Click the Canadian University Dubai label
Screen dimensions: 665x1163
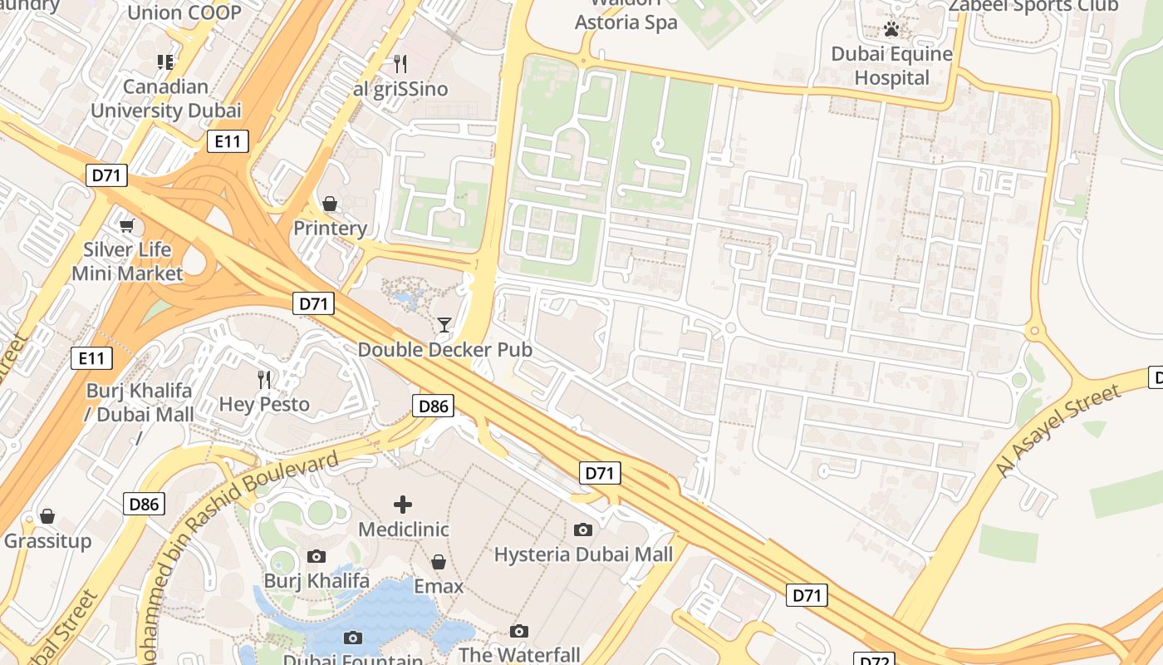click(165, 98)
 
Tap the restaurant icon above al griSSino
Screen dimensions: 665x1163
click(400, 63)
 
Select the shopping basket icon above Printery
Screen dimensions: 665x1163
click(330, 204)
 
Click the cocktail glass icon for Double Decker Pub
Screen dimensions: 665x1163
click(444, 324)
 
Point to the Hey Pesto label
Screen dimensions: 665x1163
click(264, 405)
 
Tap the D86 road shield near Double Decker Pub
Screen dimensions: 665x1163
click(434, 406)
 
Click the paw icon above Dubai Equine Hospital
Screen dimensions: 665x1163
click(892, 30)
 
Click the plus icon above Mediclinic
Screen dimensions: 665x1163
click(403, 504)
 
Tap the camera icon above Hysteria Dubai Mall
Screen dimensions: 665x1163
click(583, 530)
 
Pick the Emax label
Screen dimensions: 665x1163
click(439, 587)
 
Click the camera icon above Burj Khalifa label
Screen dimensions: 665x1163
click(316, 556)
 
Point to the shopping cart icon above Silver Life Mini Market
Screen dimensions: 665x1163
click(127, 225)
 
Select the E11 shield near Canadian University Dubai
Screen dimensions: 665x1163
click(228, 142)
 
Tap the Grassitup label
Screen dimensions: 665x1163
click(47, 542)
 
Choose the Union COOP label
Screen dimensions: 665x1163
click(184, 12)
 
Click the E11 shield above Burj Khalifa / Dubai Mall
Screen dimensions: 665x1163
click(91, 358)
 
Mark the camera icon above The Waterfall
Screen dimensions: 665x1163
click(519, 631)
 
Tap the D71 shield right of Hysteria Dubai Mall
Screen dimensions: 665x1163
click(807, 595)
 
